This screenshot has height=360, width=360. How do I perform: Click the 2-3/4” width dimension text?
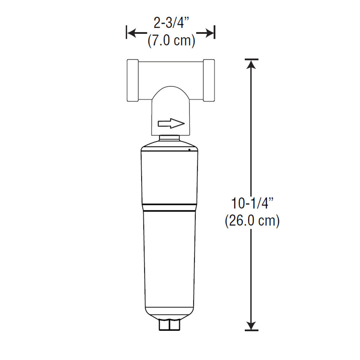pyautogui.click(x=171, y=23)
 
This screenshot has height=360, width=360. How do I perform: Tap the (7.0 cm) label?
pyautogui.click(x=171, y=41)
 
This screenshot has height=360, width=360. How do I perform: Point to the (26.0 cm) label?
pyautogui.click(x=252, y=221)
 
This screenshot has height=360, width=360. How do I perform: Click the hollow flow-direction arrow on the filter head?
pyautogui.click(x=171, y=123)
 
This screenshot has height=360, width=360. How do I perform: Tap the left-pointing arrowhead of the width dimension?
pyautogui.click(x=132, y=33)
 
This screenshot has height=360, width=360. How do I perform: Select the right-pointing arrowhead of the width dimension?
pyautogui.click(x=209, y=33)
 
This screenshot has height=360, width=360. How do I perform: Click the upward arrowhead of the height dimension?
pyautogui.click(x=251, y=64)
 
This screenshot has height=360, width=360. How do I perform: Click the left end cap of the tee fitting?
pyautogui.click(x=133, y=80)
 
